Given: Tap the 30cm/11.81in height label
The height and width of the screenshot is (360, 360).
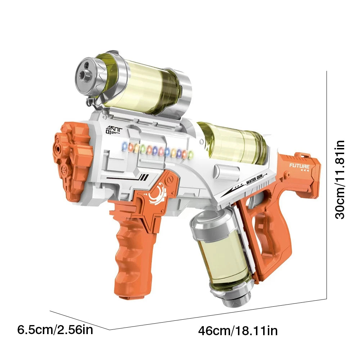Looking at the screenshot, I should point(339,180).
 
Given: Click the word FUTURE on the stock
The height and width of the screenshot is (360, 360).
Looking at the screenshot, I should point(299,166).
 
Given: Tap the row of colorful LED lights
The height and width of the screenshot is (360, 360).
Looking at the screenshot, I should point(155,150).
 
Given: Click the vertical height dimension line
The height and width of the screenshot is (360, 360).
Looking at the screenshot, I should point(327,180).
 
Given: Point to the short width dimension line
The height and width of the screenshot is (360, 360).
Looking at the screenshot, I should point(79,320).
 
